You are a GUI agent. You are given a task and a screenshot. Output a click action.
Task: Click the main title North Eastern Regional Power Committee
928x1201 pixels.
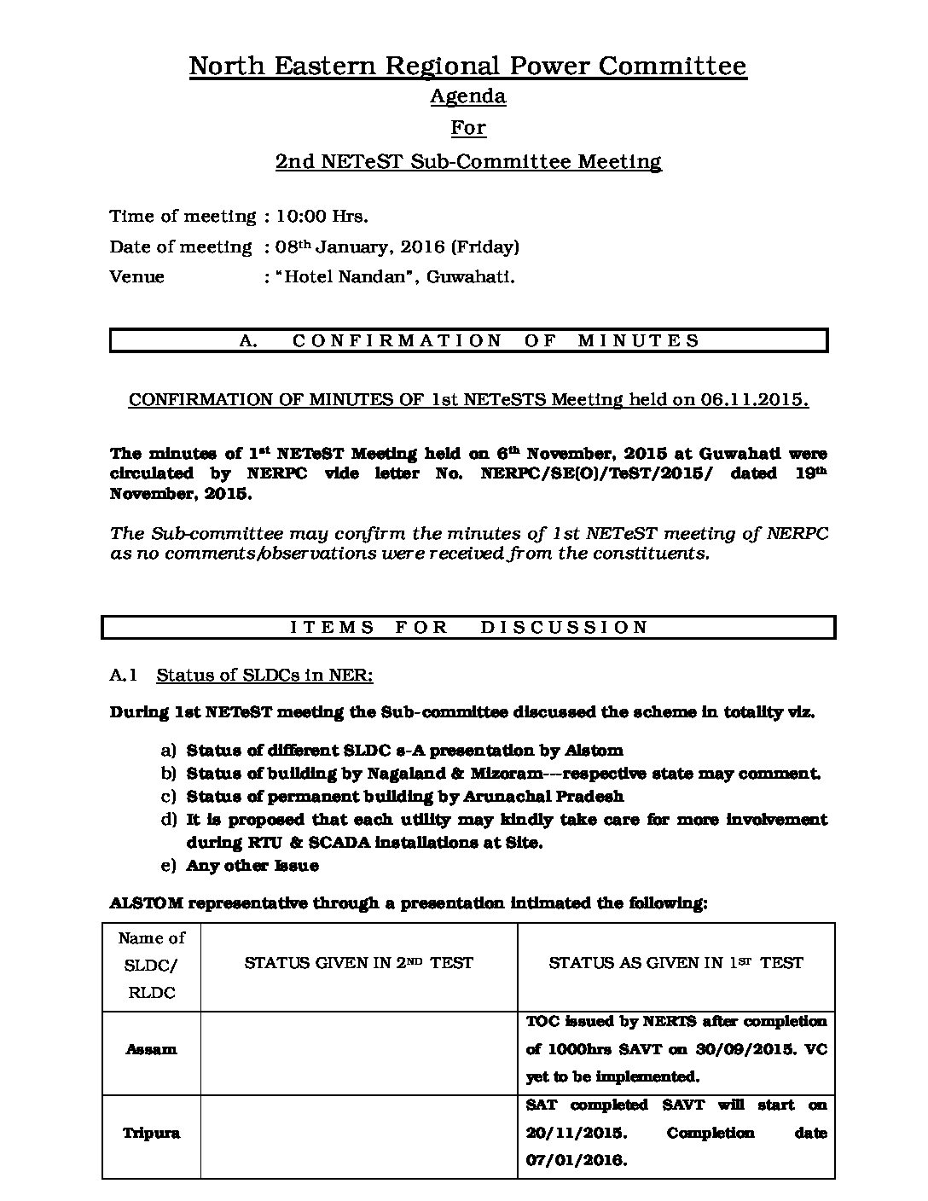click(467, 66)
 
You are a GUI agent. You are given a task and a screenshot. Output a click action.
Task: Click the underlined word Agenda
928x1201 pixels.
click(467, 96)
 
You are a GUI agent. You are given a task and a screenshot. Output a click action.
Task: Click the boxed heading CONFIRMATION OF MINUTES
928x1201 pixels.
click(468, 340)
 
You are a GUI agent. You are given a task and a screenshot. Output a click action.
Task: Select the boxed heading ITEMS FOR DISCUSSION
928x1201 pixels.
click(468, 627)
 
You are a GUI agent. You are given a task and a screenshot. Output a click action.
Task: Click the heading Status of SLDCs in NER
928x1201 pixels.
click(264, 676)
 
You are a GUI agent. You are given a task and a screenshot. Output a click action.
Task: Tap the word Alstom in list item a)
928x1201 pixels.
click(594, 751)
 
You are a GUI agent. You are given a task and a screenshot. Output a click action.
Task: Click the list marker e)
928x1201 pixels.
click(168, 866)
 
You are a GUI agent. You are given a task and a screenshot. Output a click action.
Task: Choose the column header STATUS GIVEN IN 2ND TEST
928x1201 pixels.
click(358, 963)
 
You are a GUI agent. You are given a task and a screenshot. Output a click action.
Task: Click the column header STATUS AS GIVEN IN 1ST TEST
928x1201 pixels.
click(676, 963)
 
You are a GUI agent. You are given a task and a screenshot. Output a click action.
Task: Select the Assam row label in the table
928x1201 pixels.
click(151, 1049)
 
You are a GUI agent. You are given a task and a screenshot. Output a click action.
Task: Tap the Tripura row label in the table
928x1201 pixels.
click(151, 1134)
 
